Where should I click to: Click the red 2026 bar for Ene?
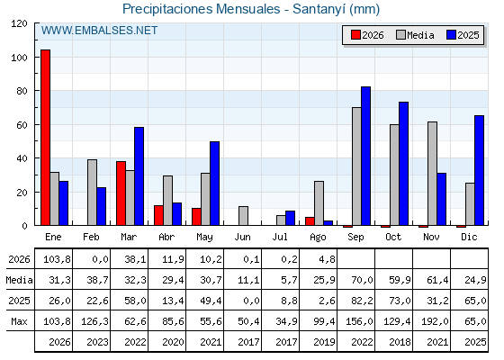[45, 138]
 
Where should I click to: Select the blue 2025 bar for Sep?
[365, 156]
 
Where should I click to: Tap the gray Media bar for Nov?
[432, 174]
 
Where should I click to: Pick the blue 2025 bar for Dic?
[479, 170]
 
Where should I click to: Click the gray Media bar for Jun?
[243, 216]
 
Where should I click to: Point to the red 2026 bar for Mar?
[121, 193]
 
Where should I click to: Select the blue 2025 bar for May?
[215, 184]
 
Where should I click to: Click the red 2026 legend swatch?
[355, 35]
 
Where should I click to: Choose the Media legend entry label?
[420, 35]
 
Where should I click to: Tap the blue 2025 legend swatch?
[451, 35]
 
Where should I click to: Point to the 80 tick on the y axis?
[36, 91]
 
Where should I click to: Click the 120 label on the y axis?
[20, 23]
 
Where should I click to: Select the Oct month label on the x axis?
[393, 238]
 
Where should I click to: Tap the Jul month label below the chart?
[280, 238]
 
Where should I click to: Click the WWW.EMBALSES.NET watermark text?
[99, 31]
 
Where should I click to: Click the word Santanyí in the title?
[319, 9]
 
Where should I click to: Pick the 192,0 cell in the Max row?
[437, 321]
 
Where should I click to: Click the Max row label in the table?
[19, 321]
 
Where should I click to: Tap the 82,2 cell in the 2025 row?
[362, 301]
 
